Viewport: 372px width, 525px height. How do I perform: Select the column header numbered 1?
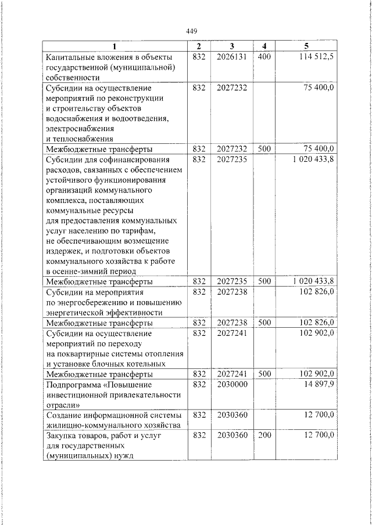point(114,46)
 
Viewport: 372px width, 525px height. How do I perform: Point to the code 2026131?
point(231,57)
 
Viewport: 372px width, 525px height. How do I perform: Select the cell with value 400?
point(264,57)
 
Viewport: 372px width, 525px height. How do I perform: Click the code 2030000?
point(231,384)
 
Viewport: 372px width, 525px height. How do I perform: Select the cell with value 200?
point(264,434)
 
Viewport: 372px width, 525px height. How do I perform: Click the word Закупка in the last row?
point(61,434)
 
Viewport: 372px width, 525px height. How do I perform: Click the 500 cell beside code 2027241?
point(264,374)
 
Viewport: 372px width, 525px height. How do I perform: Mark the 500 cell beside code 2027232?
point(264,149)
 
